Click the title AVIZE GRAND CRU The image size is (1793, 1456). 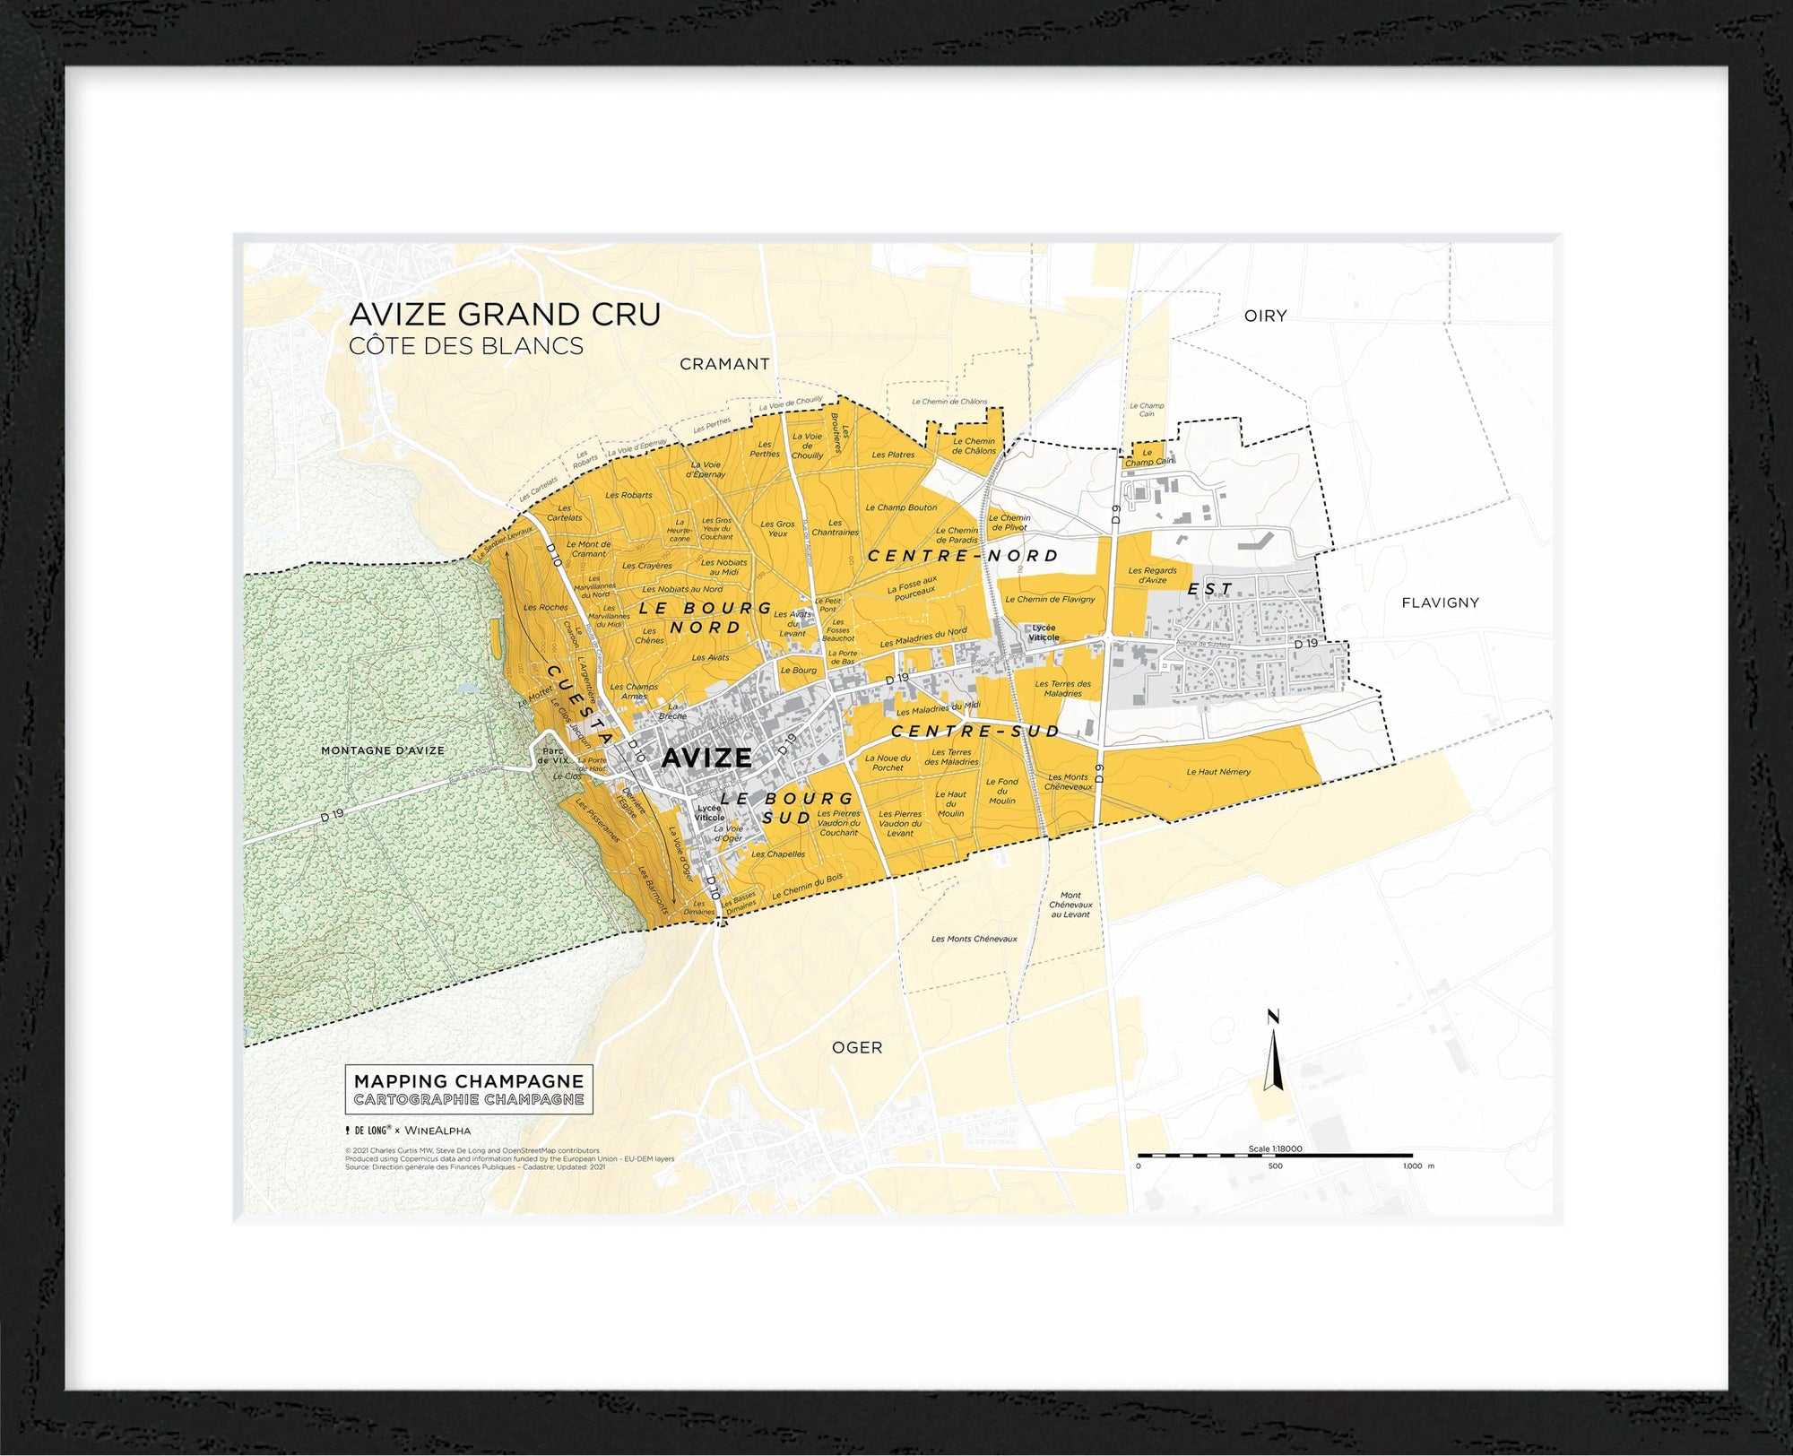point(505,315)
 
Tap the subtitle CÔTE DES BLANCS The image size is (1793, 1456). point(466,346)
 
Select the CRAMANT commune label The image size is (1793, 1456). point(724,364)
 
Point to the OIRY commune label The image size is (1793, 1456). point(1265,316)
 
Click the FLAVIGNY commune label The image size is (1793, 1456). point(1440,602)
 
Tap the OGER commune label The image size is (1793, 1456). point(857,1047)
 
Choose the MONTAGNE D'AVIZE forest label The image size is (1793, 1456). point(383,750)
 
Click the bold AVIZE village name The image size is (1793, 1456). point(706,758)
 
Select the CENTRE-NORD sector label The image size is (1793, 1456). point(963,556)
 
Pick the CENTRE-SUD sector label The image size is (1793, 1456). point(975,732)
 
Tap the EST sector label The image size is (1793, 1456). point(1210,589)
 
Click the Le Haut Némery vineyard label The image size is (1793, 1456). point(1218,772)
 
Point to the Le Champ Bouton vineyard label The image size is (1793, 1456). point(901,507)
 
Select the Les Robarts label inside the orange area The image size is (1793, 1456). point(628,495)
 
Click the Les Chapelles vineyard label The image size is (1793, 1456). point(778,854)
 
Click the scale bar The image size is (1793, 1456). point(1275,1157)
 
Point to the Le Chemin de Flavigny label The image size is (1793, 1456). point(1050,599)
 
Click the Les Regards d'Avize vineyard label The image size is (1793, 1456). point(1152,575)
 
